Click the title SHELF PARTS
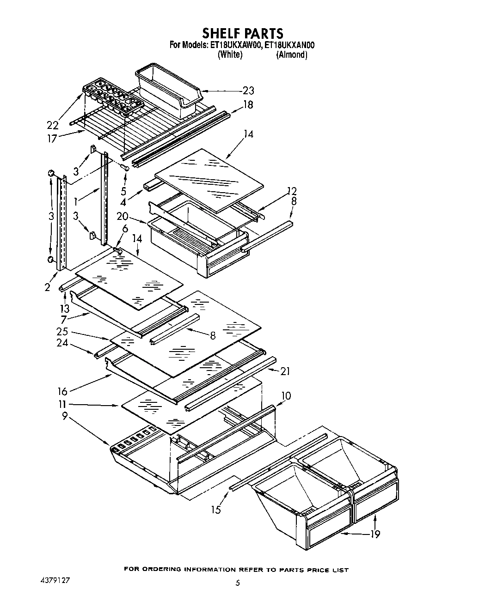point(242,33)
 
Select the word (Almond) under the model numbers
point(291,55)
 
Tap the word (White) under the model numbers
point(230,55)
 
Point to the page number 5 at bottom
point(238,583)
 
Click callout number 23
point(248,91)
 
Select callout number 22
point(52,125)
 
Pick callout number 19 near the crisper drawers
point(375,534)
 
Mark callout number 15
point(215,510)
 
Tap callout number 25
point(62,331)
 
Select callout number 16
point(62,391)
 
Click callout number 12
point(291,191)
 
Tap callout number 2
point(47,287)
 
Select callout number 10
point(286,396)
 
